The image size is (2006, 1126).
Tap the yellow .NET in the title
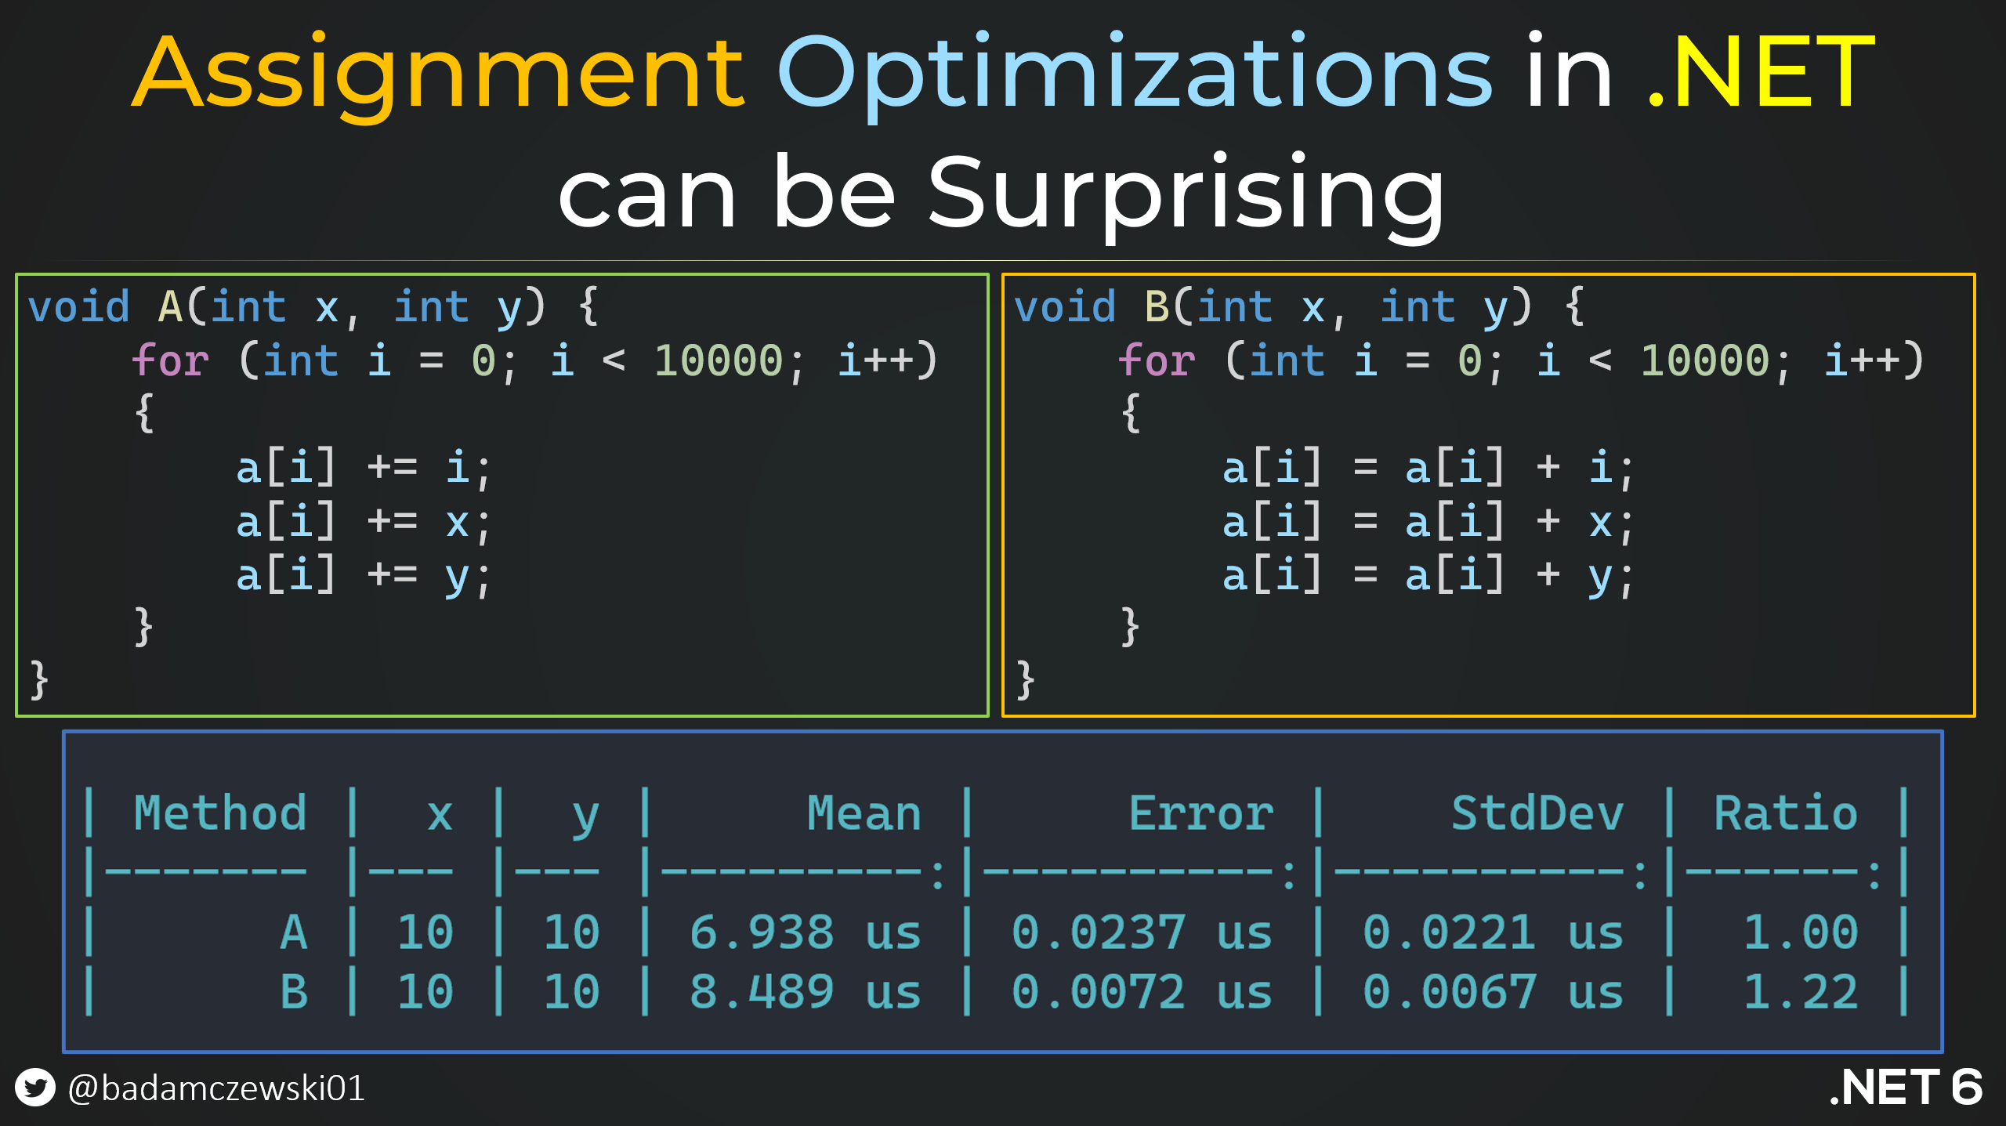click(x=1760, y=71)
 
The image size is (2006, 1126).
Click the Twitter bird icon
click(x=35, y=1087)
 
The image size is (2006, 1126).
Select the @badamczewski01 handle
click(x=216, y=1088)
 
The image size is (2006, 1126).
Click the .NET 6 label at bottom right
click(x=1906, y=1087)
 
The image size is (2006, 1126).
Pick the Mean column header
click(x=864, y=813)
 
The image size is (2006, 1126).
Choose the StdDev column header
click(x=1537, y=813)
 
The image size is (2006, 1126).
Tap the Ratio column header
click(x=1786, y=813)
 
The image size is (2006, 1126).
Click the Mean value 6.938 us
click(x=805, y=932)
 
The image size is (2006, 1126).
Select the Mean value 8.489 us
click(x=805, y=992)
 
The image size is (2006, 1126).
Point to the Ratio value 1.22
click(x=1801, y=992)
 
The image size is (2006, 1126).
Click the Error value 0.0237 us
click(x=1142, y=932)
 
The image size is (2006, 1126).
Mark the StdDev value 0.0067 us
click(x=1493, y=992)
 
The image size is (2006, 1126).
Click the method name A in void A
click(x=171, y=306)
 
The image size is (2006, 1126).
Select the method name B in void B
click(x=1157, y=306)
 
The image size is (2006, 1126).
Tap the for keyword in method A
click(x=170, y=360)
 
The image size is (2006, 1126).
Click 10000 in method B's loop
click(x=1705, y=361)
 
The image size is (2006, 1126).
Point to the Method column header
click(x=219, y=813)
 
